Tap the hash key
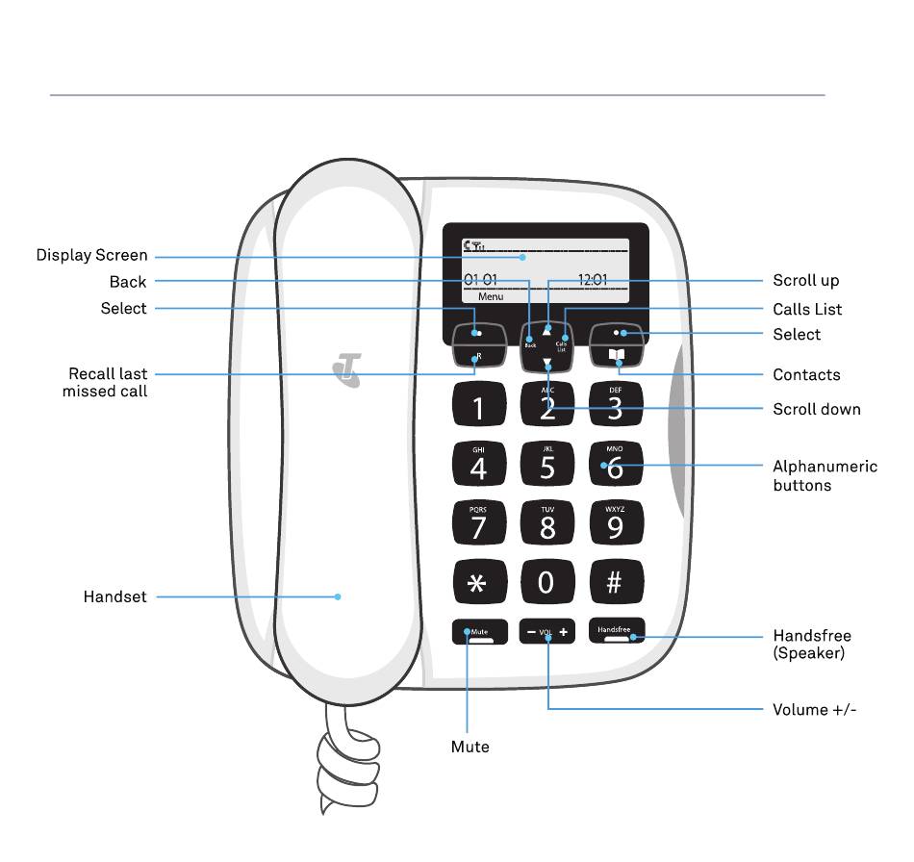pos(616,582)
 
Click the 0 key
pos(546,582)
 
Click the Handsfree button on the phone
pos(616,632)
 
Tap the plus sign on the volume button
pos(564,633)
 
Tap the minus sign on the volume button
pos(530,633)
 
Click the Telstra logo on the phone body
pos(346,370)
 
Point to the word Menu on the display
pos(491,297)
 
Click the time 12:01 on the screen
pos(593,280)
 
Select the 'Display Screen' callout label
pos(92,256)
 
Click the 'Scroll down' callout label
pos(817,410)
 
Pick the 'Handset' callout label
pos(115,597)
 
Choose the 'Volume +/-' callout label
pos(815,711)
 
